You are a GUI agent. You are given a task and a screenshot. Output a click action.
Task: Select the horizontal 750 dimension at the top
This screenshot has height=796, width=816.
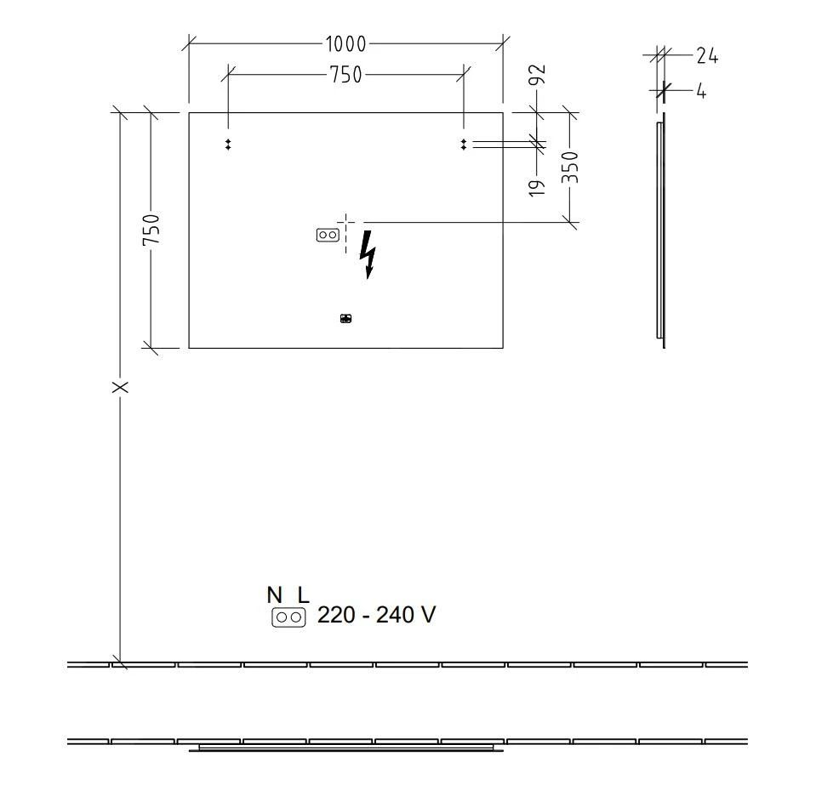pos(345,75)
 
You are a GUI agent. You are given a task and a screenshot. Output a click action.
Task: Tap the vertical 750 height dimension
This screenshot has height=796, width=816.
pos(151,230)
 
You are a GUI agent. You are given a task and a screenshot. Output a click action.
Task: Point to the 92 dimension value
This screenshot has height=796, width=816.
pos(537,76)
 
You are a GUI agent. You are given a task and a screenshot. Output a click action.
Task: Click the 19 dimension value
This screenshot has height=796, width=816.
pos(537,188)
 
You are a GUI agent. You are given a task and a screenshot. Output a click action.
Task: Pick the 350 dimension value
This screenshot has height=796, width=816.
pos(570,168)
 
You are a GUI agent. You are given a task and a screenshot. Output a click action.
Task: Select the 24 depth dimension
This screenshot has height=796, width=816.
pos(706,57)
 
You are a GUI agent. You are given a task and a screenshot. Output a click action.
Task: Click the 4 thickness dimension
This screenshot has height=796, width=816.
pos(701,90)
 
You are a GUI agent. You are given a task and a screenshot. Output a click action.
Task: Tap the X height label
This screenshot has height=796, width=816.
pos(121,387)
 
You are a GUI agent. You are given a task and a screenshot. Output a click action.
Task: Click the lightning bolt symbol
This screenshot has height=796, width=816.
pos(368,253)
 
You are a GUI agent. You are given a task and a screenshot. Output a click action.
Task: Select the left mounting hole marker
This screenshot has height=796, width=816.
pos(228,145)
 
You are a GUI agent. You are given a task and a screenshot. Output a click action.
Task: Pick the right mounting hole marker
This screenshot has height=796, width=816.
pos(463,145)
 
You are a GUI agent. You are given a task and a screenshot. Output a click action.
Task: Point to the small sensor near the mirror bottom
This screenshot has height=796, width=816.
pos(345,319)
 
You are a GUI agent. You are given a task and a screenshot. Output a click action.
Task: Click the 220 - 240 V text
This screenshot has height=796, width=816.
pos(376,615)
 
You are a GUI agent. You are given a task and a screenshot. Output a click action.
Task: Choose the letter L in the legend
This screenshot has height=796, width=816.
pos(302,595)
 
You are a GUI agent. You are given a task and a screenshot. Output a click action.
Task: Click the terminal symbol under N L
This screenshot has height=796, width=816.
pos(288,617)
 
